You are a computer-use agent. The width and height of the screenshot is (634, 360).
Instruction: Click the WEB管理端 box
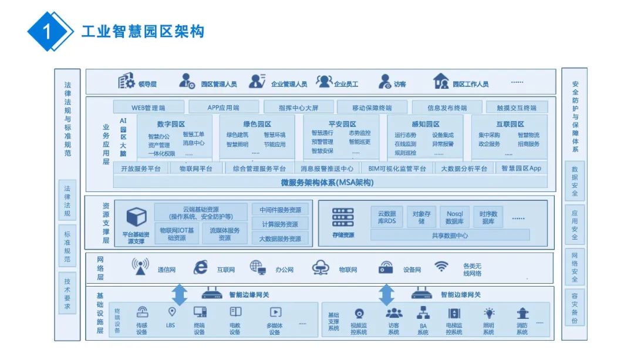coord(148,107)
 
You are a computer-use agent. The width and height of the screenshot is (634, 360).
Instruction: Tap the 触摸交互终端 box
coord(517,107)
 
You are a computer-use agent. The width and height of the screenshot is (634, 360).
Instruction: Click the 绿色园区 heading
coord(257,124)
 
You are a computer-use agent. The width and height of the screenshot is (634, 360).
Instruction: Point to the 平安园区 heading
coord(342,124)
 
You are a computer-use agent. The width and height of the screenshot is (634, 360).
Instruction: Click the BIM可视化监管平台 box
coord(396,169)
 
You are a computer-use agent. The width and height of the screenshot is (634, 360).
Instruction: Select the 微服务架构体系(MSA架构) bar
coord(327,182)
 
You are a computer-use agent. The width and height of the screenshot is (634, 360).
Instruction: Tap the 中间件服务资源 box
coord(280,210)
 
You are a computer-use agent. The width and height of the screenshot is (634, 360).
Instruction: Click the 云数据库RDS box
coord(387,217)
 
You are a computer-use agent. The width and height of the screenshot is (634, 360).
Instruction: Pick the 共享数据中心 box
coord(450,235)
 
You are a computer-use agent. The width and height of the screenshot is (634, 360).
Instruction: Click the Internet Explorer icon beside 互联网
coord(201,268)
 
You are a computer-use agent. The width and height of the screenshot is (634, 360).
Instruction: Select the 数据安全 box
coord(574,181)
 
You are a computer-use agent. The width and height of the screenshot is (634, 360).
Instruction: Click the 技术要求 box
coord(67,294)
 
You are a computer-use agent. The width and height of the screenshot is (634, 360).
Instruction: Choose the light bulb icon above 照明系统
coord(488,314)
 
